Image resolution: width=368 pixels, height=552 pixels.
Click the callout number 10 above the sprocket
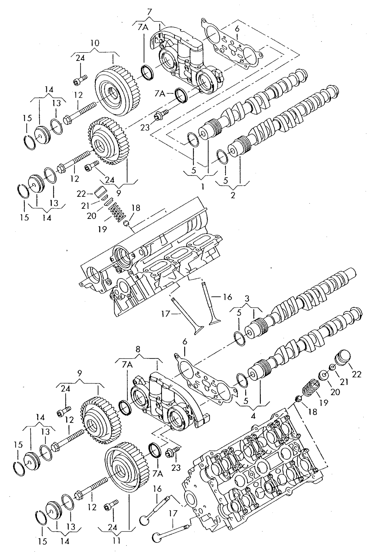pyautogui.click(x=95, y=43)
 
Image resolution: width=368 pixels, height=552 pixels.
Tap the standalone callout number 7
pyautogui.click(x=149, y=12)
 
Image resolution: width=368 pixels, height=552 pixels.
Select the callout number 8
pyautogui.click(x=138, y=349)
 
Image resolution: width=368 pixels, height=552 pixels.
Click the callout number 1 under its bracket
pyautogui.click(x=203, y=187)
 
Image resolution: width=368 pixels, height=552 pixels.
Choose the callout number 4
pyautogui.click(x=253, y=416)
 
